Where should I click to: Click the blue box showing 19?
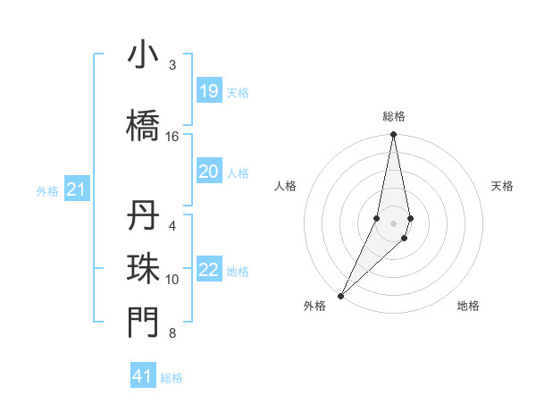tap(208, 90)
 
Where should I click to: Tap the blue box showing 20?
tap(208, 172)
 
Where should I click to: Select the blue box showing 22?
tap(208, 270)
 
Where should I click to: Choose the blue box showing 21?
tap(76, 189)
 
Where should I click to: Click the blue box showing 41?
tap(143, 376)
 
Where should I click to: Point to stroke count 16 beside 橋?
tap(172, 137)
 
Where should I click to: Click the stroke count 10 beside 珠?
tap(172, 280)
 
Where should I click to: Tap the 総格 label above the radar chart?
tap(393, 116)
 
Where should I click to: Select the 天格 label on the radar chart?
tap(502, 186)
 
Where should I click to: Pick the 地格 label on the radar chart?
tap(468, 306)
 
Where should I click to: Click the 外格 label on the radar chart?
tap(314, 306)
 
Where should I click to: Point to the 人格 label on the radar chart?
tap(285, 186)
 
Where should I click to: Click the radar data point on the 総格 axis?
tap(393, 135)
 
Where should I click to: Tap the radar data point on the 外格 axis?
tap(340, 295)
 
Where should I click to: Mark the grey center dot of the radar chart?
tap(393, 223)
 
